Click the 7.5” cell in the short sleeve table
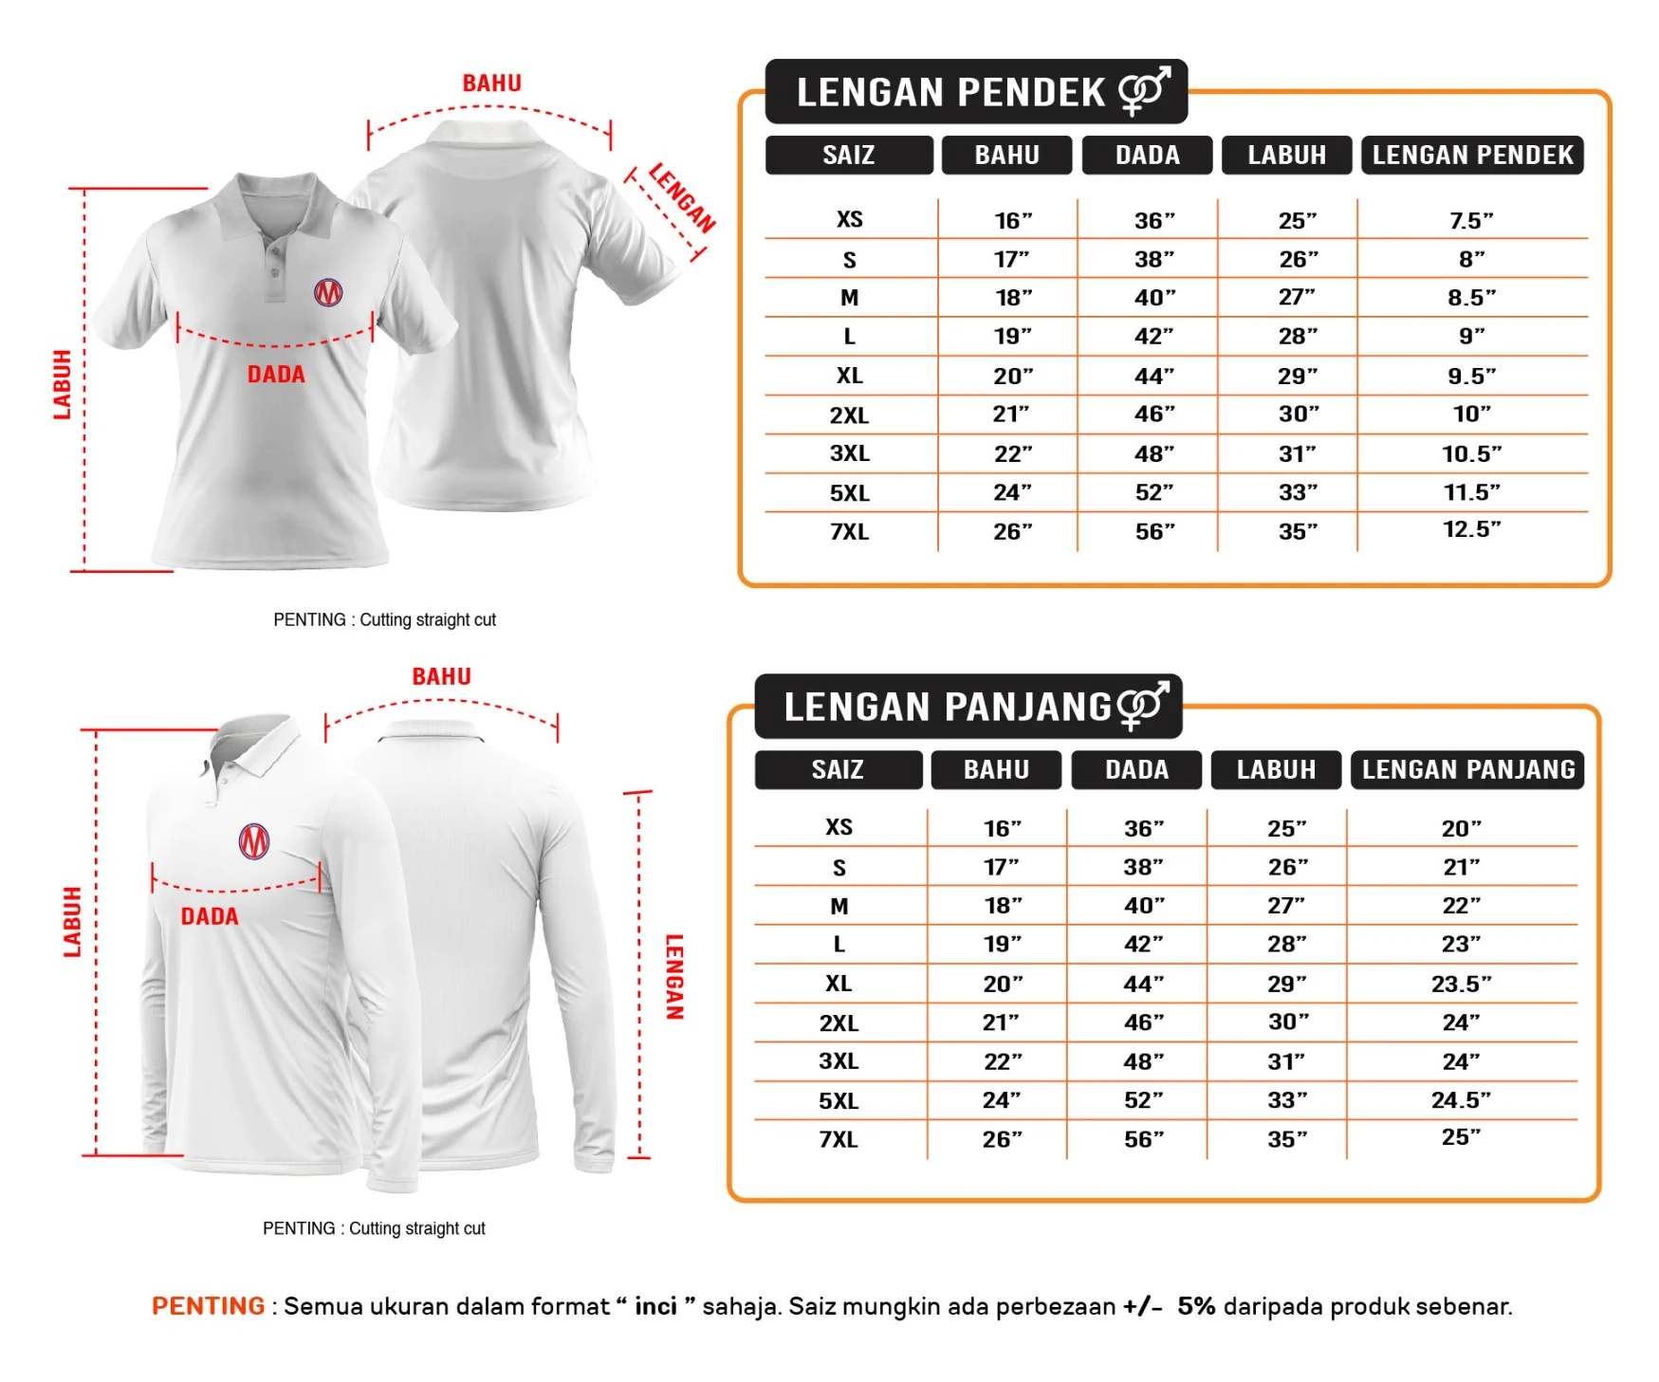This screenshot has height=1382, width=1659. tap(1471, 221)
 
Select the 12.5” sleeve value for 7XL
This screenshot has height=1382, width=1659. tap(1471, 529)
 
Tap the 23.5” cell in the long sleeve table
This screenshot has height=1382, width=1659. tap(1461, 985)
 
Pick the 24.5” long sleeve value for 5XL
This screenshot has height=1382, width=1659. tap(1461, 1100)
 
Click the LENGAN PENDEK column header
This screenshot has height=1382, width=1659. tap(1472, 156)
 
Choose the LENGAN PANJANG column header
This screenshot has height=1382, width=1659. tap(1467, 769)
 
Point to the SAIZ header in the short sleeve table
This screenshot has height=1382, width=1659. tap(849, 156)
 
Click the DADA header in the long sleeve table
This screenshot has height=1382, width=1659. tap(1136, 769)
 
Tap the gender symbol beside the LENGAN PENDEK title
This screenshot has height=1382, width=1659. tap(1145, 91)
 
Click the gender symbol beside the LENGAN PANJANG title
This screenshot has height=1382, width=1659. tap(1143, 706)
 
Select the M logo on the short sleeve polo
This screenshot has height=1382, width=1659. tap(328, 292)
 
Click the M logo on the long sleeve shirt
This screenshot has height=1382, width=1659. tap(254, 841)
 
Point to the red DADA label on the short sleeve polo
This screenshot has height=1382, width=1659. tap(276, 375)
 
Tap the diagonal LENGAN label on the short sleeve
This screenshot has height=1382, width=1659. tap(682, 197)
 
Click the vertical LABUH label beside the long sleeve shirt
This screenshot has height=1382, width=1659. tap(72, 921)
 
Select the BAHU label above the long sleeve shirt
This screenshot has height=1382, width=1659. tap(441, 676)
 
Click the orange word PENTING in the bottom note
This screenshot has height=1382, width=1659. tap(209, 1306)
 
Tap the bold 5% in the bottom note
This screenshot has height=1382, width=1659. tap(1196, 1306)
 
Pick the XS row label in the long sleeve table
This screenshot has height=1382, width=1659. tap(839, 827)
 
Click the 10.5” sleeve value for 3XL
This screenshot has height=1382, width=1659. tap(1471, 454)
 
